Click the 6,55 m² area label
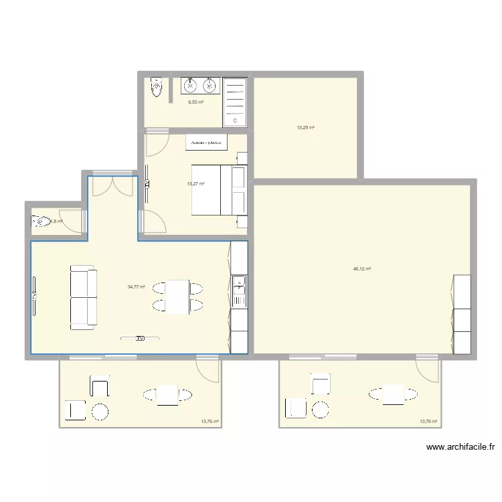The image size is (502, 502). (x=195, y=102)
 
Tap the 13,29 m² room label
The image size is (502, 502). (x=306, y=127)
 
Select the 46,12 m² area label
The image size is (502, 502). (x=362, y=269)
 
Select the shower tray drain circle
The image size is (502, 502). (x=235, y=120)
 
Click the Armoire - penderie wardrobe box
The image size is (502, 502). (x=207, y=143)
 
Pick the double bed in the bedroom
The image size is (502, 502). (x=220, y=190)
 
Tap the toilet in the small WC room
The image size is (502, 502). (x=40, y=222)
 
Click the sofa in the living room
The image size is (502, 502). (x=83, y=297)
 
